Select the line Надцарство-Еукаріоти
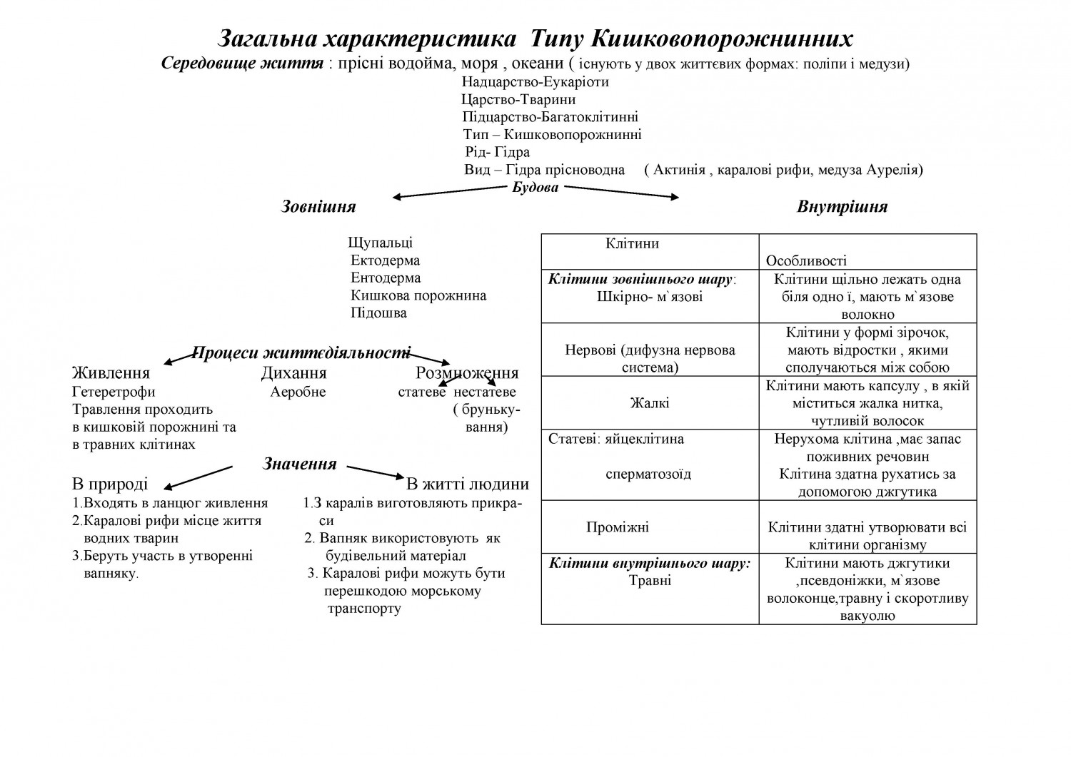[x=535, y=81]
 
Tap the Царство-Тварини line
[x=518, y=99]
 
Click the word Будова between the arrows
[x=535, y=188]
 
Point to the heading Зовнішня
[x=318, y=207]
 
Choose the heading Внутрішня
[x=842, y=207]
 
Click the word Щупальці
[x=380, y=243]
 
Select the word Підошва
[x=378, y=313]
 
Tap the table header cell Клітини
[x=632, y=244]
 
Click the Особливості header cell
[x=806, y=261]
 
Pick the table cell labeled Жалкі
[x=649, y=403]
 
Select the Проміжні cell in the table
[x=617, y=528]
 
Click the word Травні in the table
[x=650, y=581]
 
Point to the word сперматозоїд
[x=648, y=474]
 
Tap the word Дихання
[x=293, y=373]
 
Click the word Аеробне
[x=298, y=392]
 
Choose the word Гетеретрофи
[x=114, y=392]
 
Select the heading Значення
[x=300, y=464]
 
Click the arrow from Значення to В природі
[x=198, y=477]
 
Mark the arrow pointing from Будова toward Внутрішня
[x=621, y=192]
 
